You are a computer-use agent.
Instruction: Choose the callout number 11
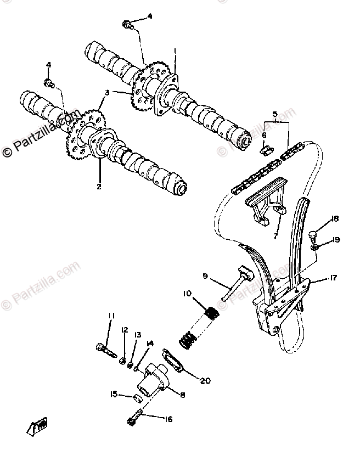click(x=111, y=315)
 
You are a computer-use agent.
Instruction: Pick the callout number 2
click(x=99, y=187)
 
